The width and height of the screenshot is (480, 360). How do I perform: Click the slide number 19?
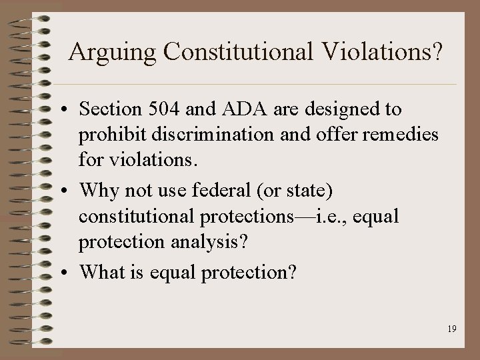pyautogui.click(x=451, y=329)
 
